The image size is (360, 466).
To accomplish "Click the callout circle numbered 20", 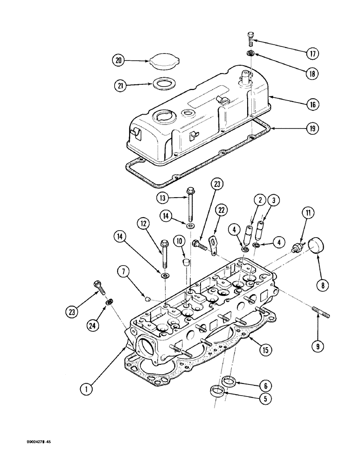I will [119, 60].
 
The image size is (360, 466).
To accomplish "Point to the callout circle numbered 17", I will [312, 54].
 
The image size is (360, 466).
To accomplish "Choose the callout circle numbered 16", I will [312, 105].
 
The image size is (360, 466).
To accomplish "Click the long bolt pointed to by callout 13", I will [191, 205].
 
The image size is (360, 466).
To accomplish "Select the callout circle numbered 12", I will [143, 224].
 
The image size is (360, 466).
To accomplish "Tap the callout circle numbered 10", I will [178, 241].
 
